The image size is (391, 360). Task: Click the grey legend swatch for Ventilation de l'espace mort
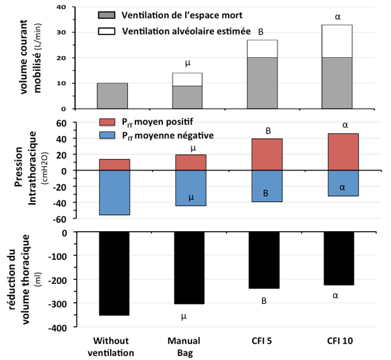point(107,14)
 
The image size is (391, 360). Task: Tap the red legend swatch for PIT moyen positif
point(107,122)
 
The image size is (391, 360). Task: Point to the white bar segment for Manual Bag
point(187,79)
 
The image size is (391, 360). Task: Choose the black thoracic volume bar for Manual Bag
point(187,268)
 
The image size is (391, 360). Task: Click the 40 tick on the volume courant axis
point(64,7)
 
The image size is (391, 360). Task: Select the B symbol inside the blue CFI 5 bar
point(265,193)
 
